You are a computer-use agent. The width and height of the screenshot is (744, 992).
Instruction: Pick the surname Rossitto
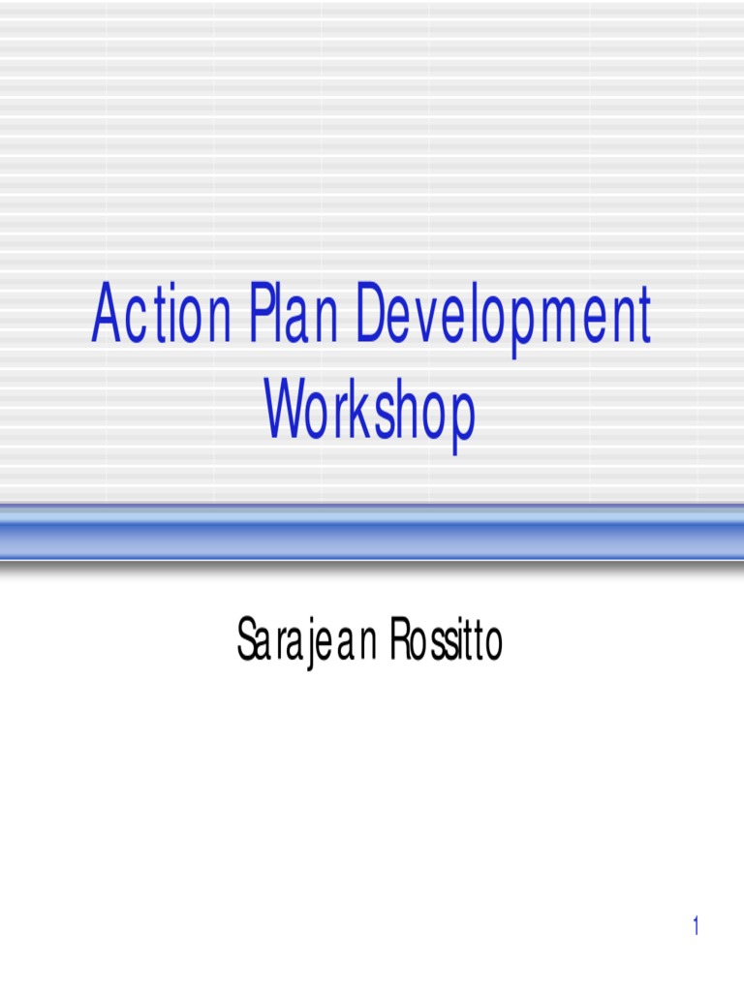coord(447,641)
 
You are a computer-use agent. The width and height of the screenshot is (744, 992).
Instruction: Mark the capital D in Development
coord(370,318)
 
